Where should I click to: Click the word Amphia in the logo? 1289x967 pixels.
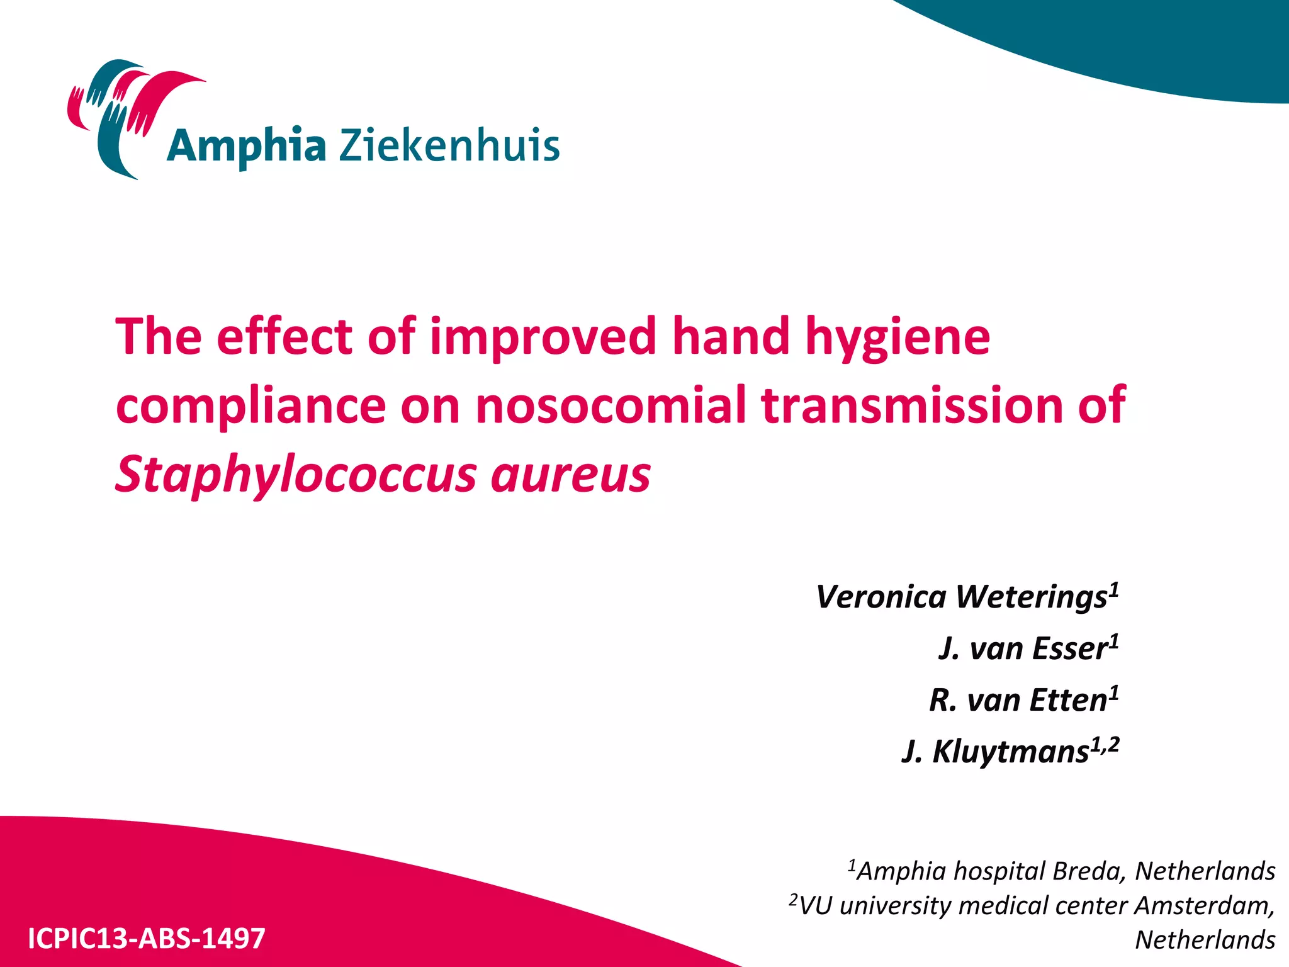click(246, 147)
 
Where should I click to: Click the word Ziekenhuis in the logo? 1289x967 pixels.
click(449, 145)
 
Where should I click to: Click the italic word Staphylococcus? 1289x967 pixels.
click(296, 475)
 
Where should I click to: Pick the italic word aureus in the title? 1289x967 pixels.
click(570, 475)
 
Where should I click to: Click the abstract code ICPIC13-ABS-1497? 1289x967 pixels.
click(147, 938)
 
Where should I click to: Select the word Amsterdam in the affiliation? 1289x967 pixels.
click(1205, 906)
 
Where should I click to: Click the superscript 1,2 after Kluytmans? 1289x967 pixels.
click(1105, 745)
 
